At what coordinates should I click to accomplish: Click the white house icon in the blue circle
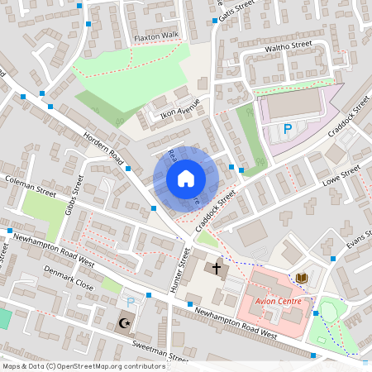[x=185, y=178]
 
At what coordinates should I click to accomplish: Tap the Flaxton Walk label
[x=156, y=36]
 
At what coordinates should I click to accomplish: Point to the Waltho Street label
[x=287, y=46]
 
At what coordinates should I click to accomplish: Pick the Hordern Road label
[x=103, y=146]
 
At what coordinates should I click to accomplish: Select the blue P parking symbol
[x=288, y=129]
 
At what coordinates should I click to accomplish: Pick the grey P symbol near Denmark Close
[x=130, y=303]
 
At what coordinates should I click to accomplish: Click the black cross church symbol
[x=217, y=268]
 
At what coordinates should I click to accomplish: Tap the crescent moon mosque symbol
[x=125, y=322]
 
